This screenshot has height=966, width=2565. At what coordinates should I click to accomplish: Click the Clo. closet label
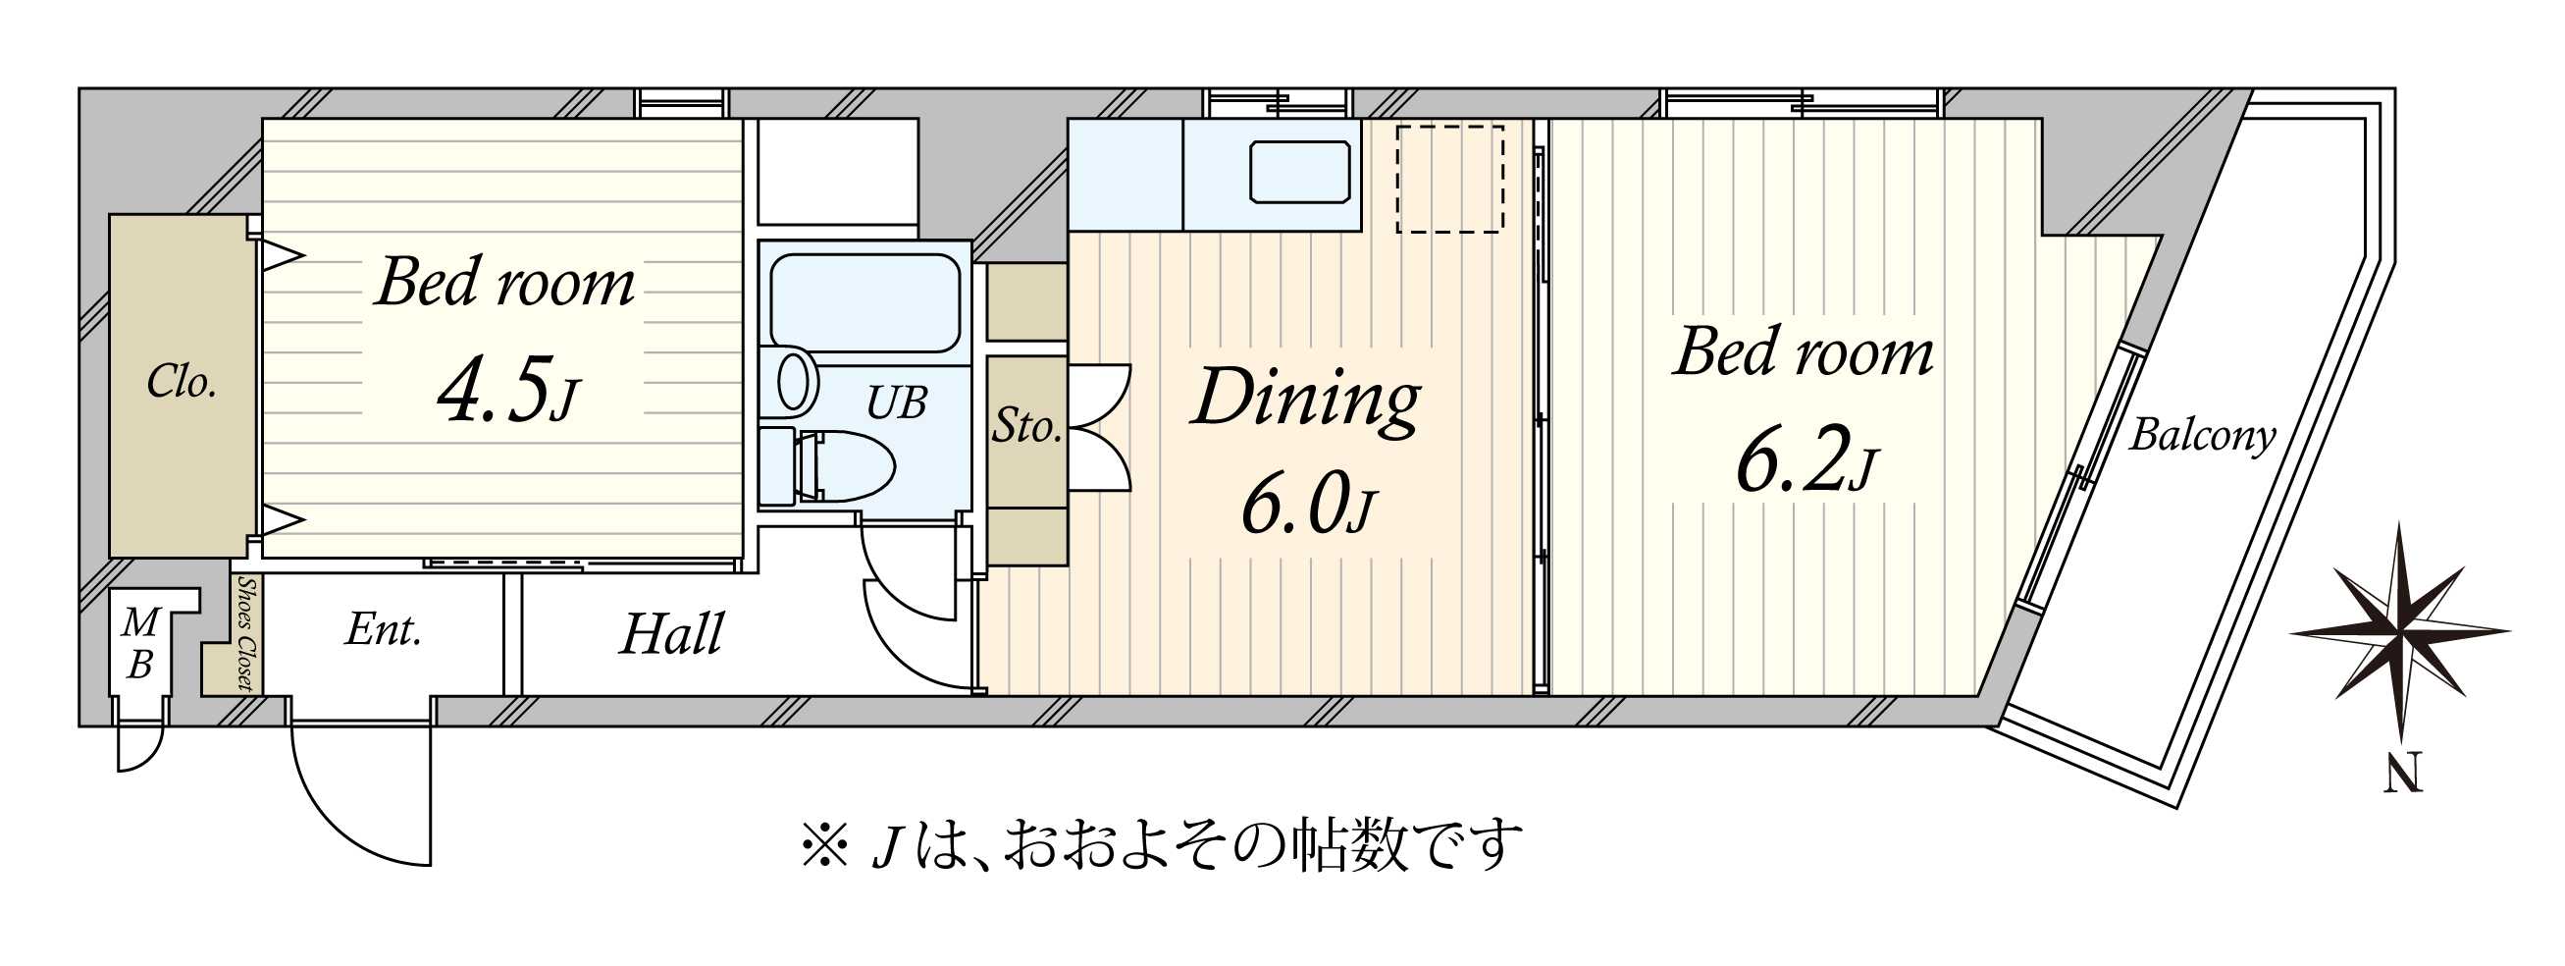(x=182, y=383)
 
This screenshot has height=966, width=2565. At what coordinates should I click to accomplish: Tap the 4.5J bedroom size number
(x=507, y=391)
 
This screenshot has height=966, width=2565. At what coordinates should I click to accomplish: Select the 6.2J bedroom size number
(x=1806, y=461)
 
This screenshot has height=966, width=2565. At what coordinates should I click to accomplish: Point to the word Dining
(x=1305, y=399)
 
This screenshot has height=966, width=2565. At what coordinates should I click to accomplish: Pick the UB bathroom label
(x=896, y=403)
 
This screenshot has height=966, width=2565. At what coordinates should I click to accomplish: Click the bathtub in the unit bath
(x=864, y=302)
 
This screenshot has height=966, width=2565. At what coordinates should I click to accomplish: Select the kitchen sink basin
(x=1299, y=172)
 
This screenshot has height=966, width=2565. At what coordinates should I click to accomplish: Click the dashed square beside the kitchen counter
(x=1448, y=180)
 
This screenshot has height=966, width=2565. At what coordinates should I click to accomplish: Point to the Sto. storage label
(x=1025, y=427)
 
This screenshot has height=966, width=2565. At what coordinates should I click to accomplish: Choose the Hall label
(x=671, y=634)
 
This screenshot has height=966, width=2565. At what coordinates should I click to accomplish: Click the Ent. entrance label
(x=384, y=630)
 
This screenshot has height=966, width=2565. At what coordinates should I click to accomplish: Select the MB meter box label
(x=139, y=644)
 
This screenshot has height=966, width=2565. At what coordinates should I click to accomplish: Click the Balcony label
(x=2202, y=436)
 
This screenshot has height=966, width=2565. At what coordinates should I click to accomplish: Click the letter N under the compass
(x=2403, y=772)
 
